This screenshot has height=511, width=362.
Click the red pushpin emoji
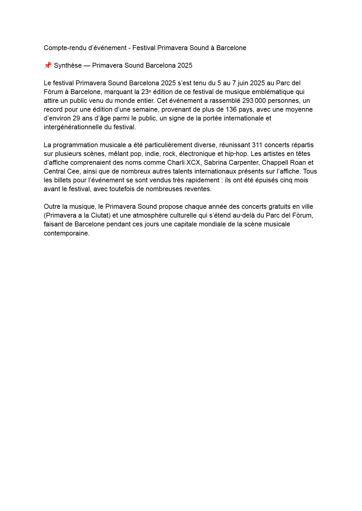[x=48, y=65]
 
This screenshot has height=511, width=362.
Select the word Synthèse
[x=68, y=66]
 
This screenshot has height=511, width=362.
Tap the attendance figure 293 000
[x=254, y=101]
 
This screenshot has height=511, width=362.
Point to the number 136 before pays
[x=231, y=110]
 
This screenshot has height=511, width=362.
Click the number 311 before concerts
[x=257, y=145]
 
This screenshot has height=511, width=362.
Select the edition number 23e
[x=146, y=92]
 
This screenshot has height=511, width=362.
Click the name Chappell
[x=275, y=163]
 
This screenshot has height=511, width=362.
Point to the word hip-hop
[x=236, y=154]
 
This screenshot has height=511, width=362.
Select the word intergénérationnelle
[x=73, y=127]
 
